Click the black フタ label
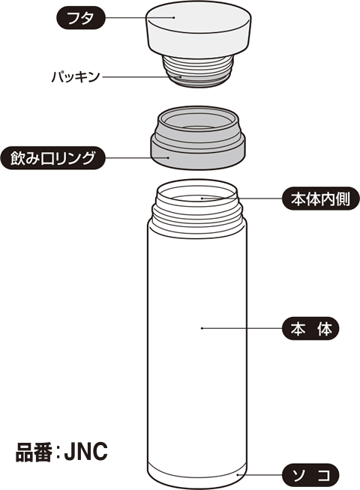click(80, 18)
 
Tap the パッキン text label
click(76, 76)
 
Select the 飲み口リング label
click(52, 158)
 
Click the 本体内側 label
click(321, 199)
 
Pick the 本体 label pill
click(311, 329)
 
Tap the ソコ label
click(311, 475)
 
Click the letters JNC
click(86, 451)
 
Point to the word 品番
click(34, 452)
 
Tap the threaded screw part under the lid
click(198, 71)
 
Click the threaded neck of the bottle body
click(198, 216)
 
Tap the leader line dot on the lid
click(174, 17)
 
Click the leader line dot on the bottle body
click(202, 328)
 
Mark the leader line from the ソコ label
click(260, 475)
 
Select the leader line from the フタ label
click(139, 18)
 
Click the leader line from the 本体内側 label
click(242, 198)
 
